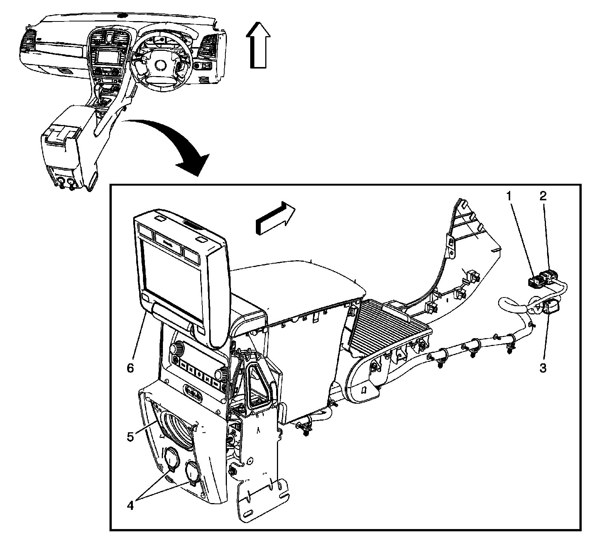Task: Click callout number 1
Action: (509, 196)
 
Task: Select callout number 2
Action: (543, 195)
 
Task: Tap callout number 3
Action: (543, 368)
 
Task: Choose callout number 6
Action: (130, 368)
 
